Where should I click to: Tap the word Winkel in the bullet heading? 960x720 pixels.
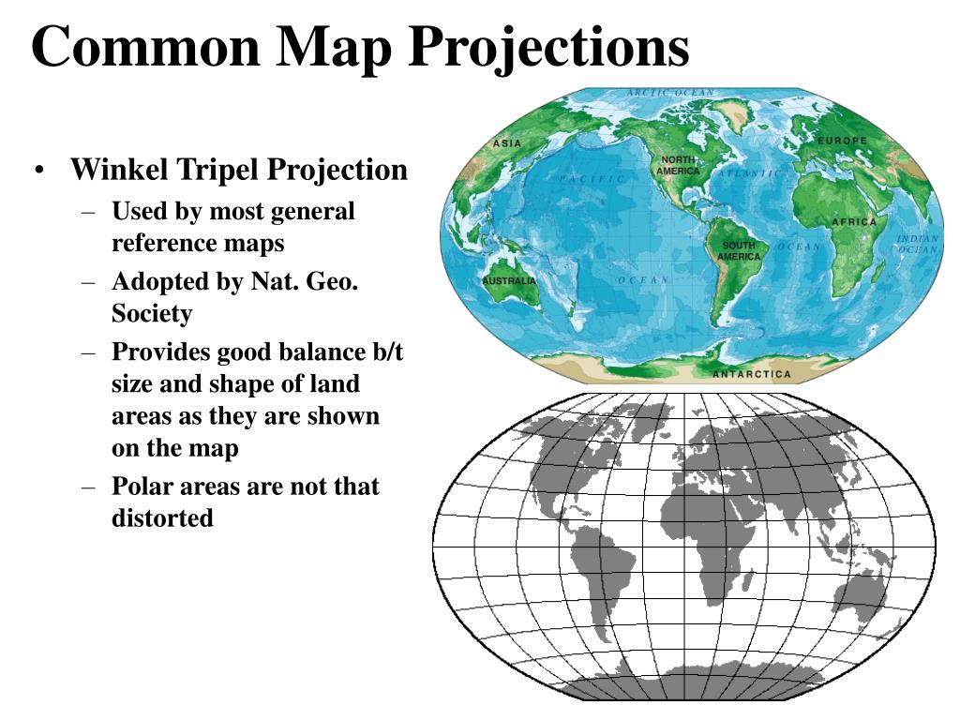[x=120, y=170]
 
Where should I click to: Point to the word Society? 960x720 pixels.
[x=152, y=313]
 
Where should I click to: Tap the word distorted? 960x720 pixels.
[x=163, y=517]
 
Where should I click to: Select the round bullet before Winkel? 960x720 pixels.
[x=39, y=171]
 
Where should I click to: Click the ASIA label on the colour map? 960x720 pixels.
[x=507, y=143]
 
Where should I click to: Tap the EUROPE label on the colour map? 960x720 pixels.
[x=843, y=141]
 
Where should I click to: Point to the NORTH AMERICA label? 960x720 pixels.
[x=677, y=166]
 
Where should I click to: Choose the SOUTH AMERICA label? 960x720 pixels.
[x=740, y=250]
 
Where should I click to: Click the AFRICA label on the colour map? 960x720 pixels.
[x=854, y=222]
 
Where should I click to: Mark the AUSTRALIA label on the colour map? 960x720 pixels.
[x=509, y=281]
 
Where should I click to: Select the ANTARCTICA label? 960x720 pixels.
[x=752, y=374]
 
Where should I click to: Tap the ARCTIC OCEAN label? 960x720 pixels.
[x=669, y=93]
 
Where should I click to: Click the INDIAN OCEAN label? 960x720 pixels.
[x=917, y=245]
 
